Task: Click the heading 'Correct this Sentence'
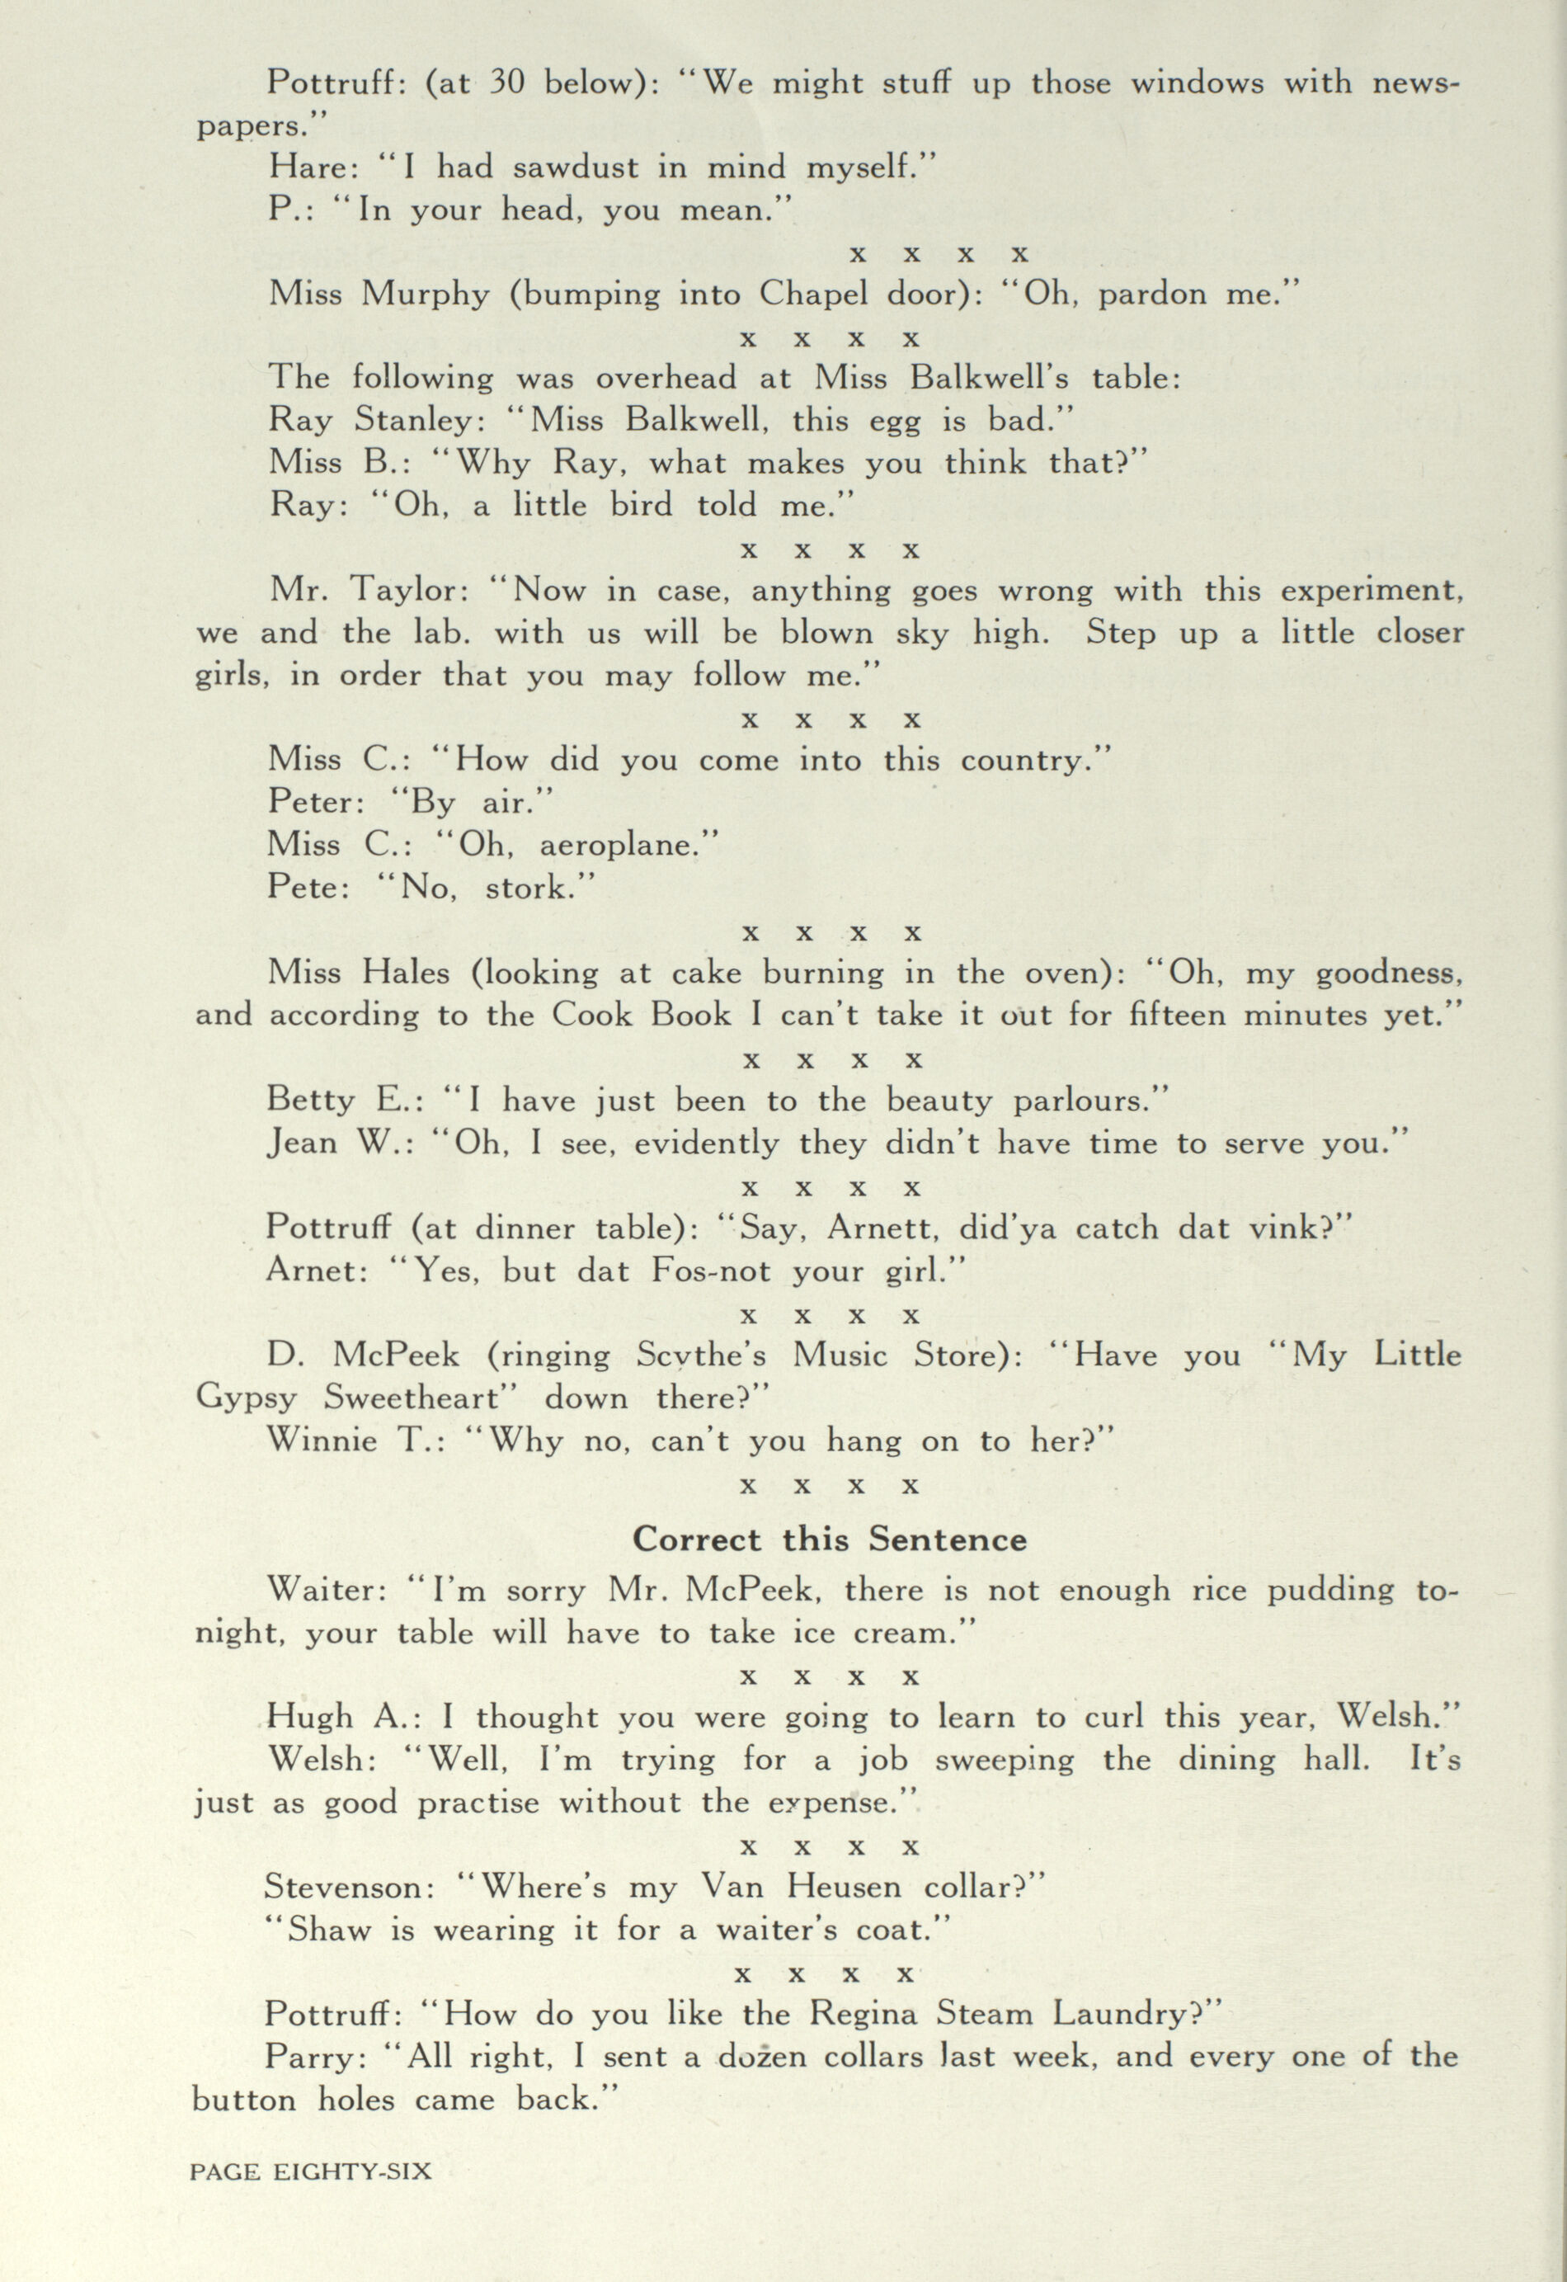pyautogui.click(x=829, y=1539)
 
